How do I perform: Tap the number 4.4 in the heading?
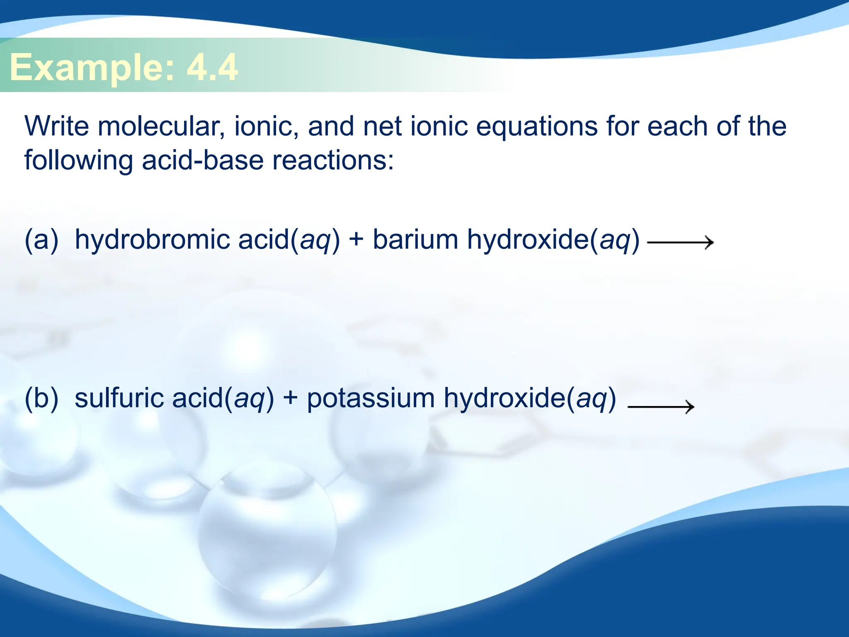click(x=212, y=67)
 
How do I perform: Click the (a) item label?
click(x=41, y=239)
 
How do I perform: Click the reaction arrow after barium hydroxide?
click(x=680, y=242)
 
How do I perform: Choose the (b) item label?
click(x=41, y=398)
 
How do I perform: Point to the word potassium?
click(x=371, y=399)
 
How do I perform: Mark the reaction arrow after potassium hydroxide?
click(x=661, y=406)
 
